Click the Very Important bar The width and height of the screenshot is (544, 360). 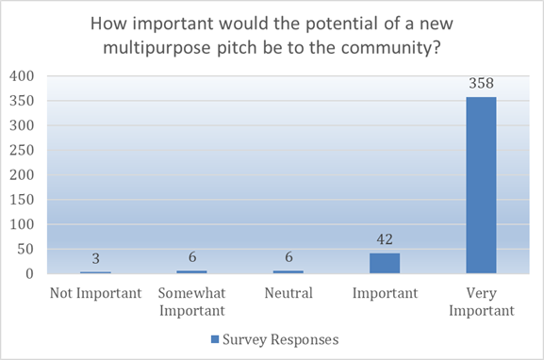(x=481, y=186)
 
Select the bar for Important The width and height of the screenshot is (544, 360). (x=385, y=263)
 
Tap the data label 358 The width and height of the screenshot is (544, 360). (x=481, y=83)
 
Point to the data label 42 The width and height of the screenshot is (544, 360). (x=385, y=239)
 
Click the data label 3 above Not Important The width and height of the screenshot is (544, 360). (x=96, y=258)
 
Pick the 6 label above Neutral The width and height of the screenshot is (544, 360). (x=288, y=257)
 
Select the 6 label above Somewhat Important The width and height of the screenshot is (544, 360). (x=192, y=257)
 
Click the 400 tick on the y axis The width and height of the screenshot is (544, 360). (x=22, y=76)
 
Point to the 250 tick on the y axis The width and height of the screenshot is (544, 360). (x=22, y=150)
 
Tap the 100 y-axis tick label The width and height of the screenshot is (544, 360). (x=22, y=224)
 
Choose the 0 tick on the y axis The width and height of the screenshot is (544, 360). (x=30, y=274)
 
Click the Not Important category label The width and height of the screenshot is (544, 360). (x=96, y=293)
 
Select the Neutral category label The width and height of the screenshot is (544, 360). (x=288, y=293)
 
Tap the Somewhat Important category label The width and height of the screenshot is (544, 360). (x=192, y=302)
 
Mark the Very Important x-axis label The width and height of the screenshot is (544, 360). (x=482, y=302)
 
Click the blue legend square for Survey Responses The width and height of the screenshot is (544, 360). (x=215, y=339)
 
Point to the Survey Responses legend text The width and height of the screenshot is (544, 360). (x=281, y=339)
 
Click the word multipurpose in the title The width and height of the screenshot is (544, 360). (x=157, y=48)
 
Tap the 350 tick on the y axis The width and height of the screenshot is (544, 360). (x=22, y=101)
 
